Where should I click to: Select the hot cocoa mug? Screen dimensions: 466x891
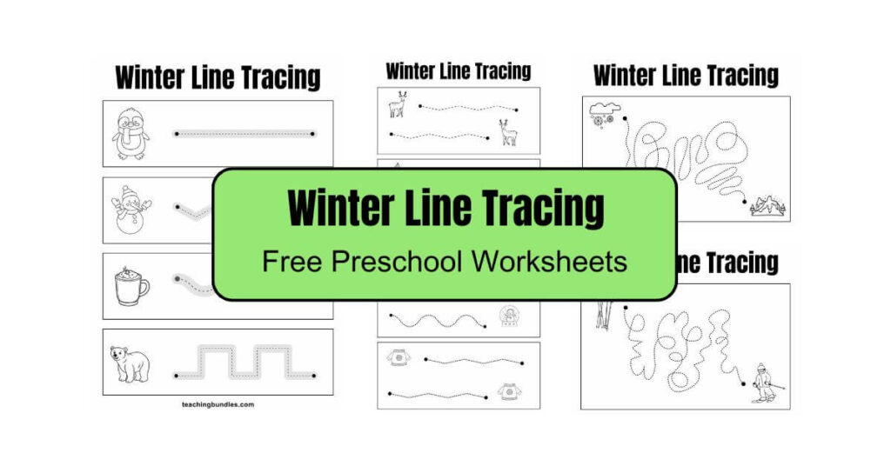pyautogui.click(x=131, y=285)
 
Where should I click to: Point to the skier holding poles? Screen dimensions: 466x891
pyautogui.click(x=764, y=383)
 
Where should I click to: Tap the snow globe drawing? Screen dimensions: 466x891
pyautogui.click(x=508, y=316)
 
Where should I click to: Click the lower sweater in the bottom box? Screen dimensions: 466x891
pyautogui.click(x=508, y=392)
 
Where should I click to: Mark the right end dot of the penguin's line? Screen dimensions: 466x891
pyautogui.click(x=313, y=134)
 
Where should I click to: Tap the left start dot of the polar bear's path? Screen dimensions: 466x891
pyautogui.click(x=177, y=376)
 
